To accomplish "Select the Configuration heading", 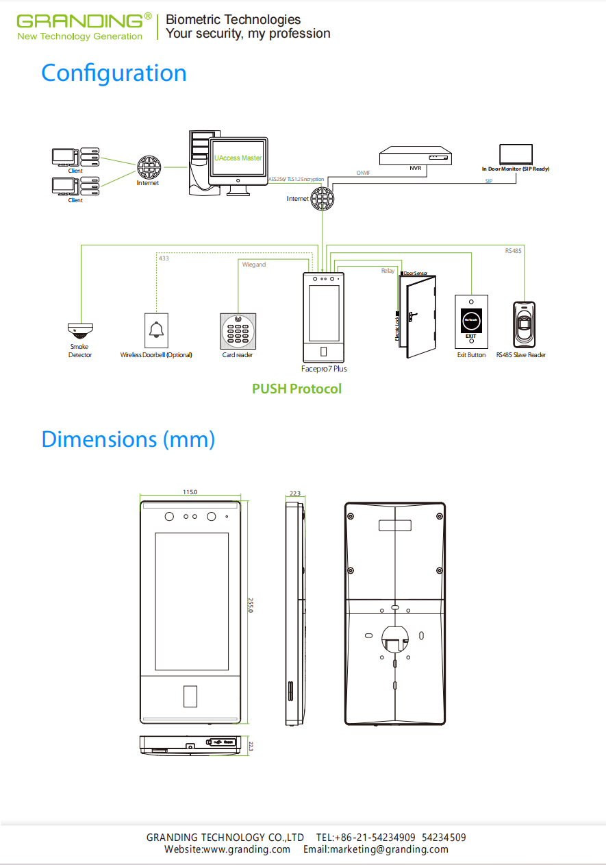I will pos(114,73).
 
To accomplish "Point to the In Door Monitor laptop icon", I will pos(516,154).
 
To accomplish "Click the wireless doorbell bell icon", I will pos(157,330).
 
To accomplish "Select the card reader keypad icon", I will pos(238,330).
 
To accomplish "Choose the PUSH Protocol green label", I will pos(296,389).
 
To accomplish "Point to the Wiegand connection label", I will pos(254,265).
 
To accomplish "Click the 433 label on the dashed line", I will pos(164,258).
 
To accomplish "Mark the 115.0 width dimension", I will pos(190,492).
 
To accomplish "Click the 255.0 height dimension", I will pos(251,605).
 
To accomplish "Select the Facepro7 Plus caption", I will pos(324,369).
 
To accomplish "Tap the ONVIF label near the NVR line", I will pos(364,173).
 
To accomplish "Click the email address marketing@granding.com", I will pos(376,849).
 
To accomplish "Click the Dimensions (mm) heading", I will pos(128,439).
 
